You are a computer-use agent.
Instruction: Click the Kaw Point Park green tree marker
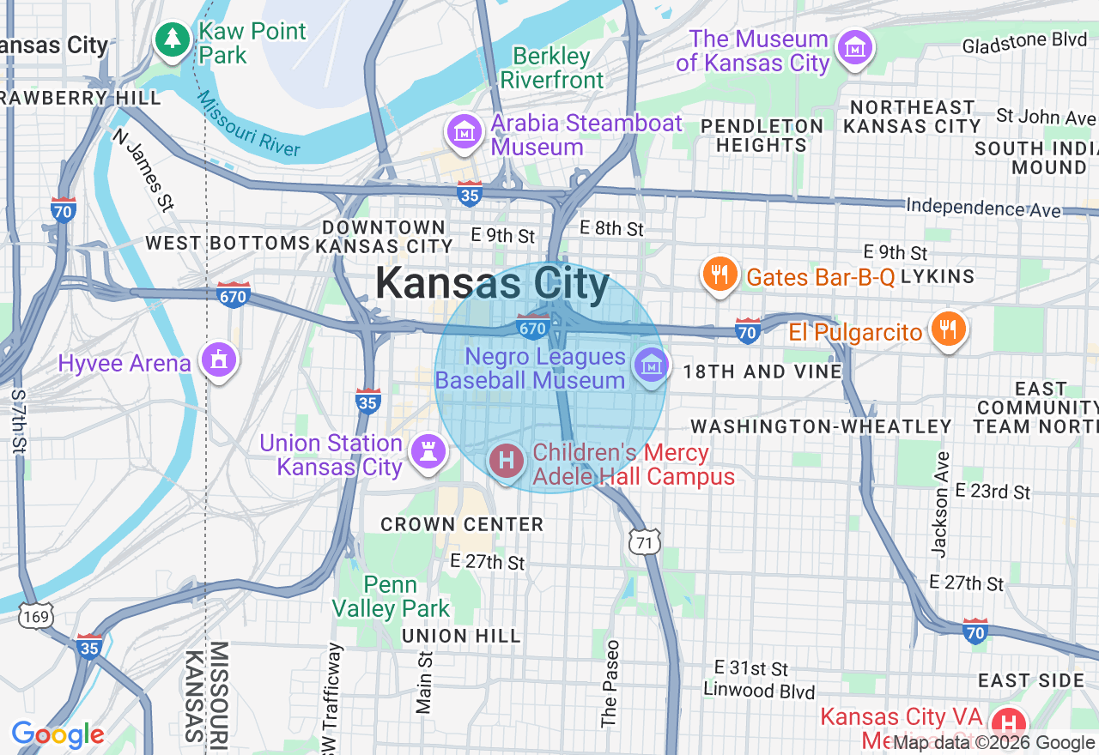pos(173,39)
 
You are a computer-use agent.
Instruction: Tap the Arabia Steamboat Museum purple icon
pos(464,132)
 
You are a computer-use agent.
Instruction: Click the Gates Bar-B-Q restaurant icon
pos(720,275)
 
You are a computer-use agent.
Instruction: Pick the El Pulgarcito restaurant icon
pos(947,329)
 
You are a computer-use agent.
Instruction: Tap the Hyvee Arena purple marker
pos(218,361)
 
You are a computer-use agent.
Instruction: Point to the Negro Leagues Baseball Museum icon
pos(651,365)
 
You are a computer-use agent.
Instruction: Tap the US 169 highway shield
pos(39,615)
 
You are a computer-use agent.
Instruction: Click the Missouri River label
pos(248,125)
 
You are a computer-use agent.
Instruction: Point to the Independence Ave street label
pos(984,208)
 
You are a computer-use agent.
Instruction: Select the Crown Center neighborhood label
pos(462,524)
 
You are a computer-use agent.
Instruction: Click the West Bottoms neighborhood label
pos(227,243)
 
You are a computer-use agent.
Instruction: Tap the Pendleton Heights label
pos(762,136)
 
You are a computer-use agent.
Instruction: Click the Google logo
pos(58,734)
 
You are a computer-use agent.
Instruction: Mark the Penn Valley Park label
pos(391,597)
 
